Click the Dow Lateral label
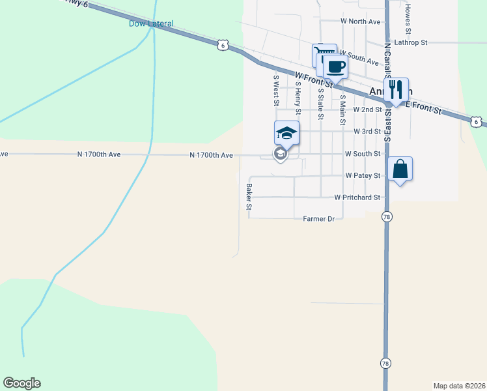(151, 24)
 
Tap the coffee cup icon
(336, 66)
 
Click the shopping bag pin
(400, 169)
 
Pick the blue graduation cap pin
(286, 134)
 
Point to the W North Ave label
(360, 22)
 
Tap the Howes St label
(408, 19)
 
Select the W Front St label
(313, 80)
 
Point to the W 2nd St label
(367, 110)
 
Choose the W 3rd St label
(367, 132)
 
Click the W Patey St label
(363, 176)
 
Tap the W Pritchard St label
(357, 197)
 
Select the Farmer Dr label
(318, 219)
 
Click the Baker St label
(249, 196)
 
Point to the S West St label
(276, 90)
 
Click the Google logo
(21, 383)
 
